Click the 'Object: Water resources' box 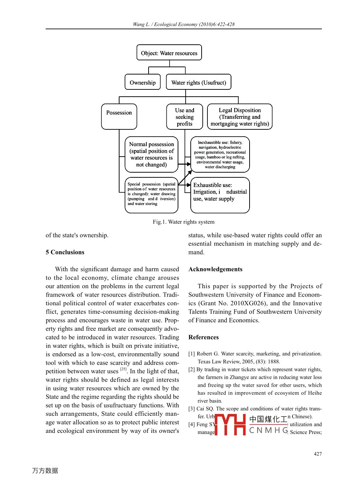point(169,53)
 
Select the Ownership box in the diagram point(142,82)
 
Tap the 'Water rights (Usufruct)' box point(198,82)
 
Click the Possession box point(119,116)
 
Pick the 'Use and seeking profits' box point(185,117)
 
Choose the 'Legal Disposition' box point(240,117)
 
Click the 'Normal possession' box point(151,154)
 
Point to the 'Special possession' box point(151,195)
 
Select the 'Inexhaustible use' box point(220,154)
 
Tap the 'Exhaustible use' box point(220,195)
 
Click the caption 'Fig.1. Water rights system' point(183,222)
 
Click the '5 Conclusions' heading point(65,252)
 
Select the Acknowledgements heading point(215,269)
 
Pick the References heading point(203,337)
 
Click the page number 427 point(318,454)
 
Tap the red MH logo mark point(230,424)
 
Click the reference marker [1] point(192,354)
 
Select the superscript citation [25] point(124,369)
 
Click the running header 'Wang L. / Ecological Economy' point(183,24)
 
